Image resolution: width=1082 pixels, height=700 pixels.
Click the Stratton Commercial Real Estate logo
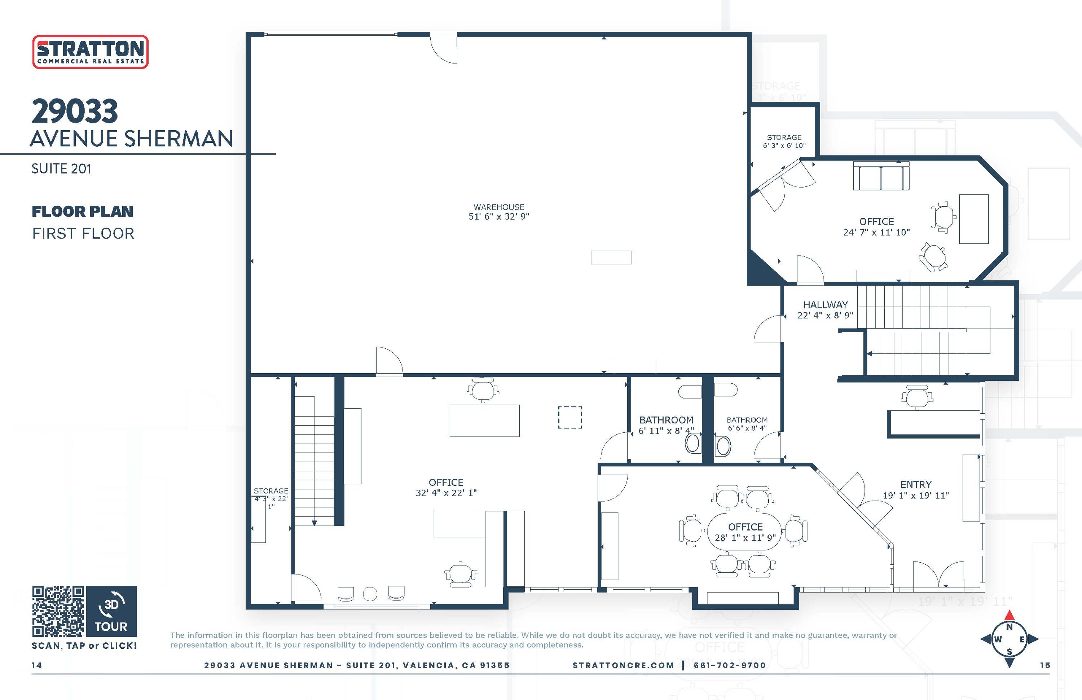click(x=91, y=52)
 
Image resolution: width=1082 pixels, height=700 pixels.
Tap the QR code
click(x=58, y=611)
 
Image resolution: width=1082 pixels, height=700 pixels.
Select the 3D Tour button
click(x=111, y=611)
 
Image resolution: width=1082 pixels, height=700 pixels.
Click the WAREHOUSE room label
click(x=499, y=207)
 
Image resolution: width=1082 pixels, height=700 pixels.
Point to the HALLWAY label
click(x=826, y=304)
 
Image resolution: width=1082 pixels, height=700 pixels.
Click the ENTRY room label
click(x=916, y=485)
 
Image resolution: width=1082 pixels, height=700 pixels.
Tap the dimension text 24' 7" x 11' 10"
click(x=876, y=232)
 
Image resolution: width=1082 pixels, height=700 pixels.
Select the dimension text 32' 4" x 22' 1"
click(x=446, y=493)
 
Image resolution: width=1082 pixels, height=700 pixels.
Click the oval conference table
click(x=745, y=532)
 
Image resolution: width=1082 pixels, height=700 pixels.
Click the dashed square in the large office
click(x=569, y=417)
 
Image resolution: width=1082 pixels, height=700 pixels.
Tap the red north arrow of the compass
click(x=1009, y=616)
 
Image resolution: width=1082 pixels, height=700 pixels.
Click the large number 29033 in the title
click(x=75, y=111)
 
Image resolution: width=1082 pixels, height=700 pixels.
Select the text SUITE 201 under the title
click(x=61, y=169)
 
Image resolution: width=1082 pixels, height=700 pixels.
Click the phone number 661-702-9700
click(x=730, y=665)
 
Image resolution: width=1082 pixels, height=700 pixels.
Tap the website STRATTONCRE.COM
click(x=623, y=665)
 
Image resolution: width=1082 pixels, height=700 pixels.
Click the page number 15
click(x=1045, y=665)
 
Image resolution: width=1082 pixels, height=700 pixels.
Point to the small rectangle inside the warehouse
click(x=611, y=257)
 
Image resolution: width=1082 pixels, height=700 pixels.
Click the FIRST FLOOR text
click(x=83, y=234)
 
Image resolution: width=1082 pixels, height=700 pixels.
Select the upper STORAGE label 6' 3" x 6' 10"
click(x=784, y=141)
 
